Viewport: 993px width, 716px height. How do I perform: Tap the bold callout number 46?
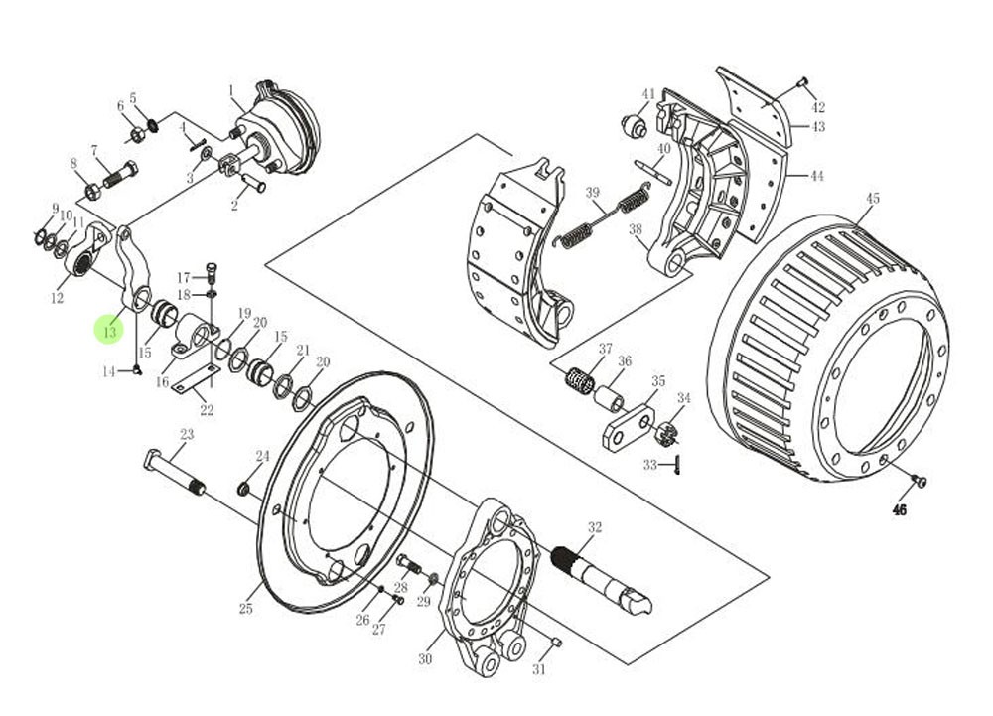click(x=900, y=510)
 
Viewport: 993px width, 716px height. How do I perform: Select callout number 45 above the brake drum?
click(x=872, y=199)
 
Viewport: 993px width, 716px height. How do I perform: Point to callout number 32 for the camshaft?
click(x=595, y=527)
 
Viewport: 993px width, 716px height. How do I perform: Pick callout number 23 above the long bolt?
click(x=187, y=435)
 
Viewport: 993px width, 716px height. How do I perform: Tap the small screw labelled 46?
click(x=920, y=482)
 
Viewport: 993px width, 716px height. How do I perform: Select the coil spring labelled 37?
click(x=580, y=379)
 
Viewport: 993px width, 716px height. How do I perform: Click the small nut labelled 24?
click(x=243, y=489)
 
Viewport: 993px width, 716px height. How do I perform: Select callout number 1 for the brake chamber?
click(x=230, y=91)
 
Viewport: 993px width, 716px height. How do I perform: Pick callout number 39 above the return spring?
click(x=593, y=193)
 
